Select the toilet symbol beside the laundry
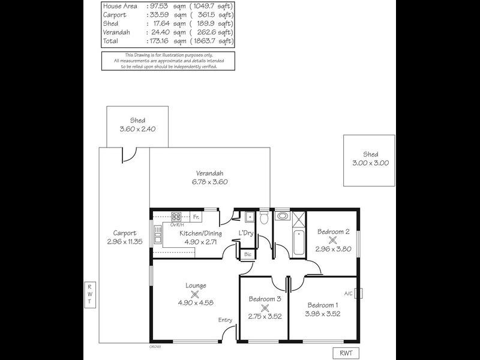coord(263,217)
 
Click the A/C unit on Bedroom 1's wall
coord(358,293)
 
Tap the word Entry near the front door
coord(225,320)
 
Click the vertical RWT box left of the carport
coord(88,295)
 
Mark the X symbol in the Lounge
coord(194,295)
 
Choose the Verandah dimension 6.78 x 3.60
coord(210,182)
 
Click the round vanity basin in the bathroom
coord(281,217)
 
